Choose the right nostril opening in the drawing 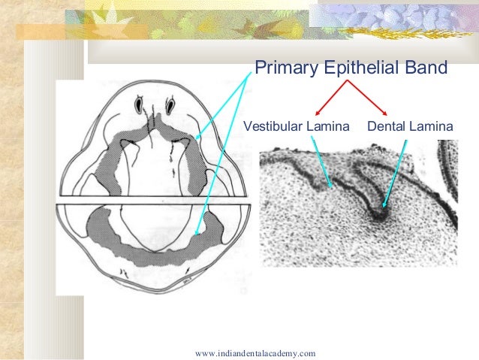[170, 101]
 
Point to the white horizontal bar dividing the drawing [150, 200]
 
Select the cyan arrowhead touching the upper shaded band [197, 138]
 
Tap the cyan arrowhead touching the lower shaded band [196, 234]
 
